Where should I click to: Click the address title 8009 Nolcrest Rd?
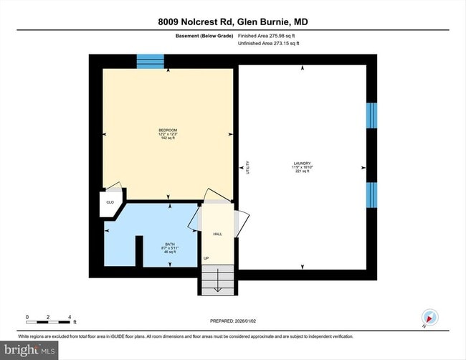click(x=233, y=22)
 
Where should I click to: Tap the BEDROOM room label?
click(x=168, y=130)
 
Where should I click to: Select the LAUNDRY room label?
click(x=301, y=164)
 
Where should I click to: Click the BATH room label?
click(x=170, y=245)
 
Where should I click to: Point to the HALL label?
click(x=217, y=234)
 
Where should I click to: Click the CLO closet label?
click(x=110, y=203)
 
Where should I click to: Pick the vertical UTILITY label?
click(x=247, y=166)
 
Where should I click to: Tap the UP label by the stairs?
click(x=206, y=258)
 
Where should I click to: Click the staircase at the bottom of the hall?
click(x=216, y=280)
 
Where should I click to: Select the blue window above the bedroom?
click(x=150, y=61)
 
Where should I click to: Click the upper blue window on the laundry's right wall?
click(x=371, y=115)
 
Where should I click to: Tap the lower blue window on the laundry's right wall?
click(x=371, y=194)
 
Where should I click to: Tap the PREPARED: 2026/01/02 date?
click(x=232, y=321)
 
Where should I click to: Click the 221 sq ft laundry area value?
click(x=301, y=171)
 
